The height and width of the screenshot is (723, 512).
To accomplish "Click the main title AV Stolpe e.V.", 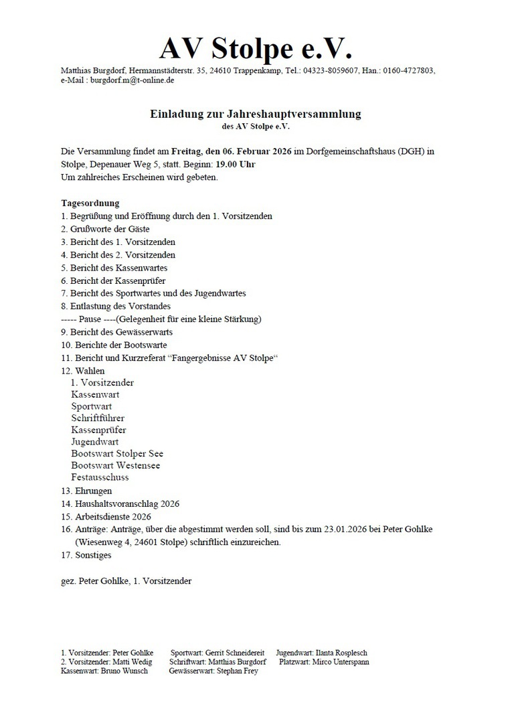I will point(255,48).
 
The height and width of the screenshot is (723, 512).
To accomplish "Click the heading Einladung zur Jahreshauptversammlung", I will point(255,114).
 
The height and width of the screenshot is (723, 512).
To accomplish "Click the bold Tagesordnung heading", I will point(90,203).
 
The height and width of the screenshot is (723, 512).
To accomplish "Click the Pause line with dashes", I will point(161,319).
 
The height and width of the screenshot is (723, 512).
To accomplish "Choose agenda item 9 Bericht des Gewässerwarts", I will point(116,332).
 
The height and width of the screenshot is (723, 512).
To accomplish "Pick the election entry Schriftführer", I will point(98,418).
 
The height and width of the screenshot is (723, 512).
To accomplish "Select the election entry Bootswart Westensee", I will point(115,465).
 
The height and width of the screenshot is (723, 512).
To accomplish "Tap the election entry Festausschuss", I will point(100,477).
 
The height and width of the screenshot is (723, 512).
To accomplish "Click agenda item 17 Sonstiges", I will point(86,555).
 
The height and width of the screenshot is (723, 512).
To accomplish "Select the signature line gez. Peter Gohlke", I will point(126,580).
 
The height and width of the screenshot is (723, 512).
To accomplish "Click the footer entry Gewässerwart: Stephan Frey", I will point(214,671).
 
